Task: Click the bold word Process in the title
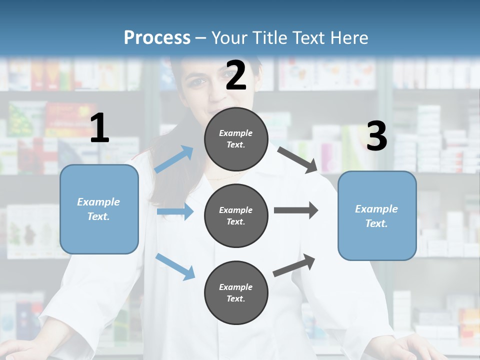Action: (157, 37)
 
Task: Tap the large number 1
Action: (99, 128)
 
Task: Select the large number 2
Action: (236, 76)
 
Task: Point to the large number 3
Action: (376, 136)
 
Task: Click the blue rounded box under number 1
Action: (99, 209)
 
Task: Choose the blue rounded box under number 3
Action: (377, 215)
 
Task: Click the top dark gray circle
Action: (236, 138)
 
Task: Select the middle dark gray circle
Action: (236, 215)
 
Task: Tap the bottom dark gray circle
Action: (236, 292)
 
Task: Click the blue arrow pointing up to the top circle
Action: (174, 159)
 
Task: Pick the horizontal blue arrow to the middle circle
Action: (175, 211)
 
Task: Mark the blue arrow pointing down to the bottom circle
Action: (175, 266)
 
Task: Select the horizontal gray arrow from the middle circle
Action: (295, 210)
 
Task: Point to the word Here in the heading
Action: (349, 37)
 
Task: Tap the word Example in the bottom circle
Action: (235, 287)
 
